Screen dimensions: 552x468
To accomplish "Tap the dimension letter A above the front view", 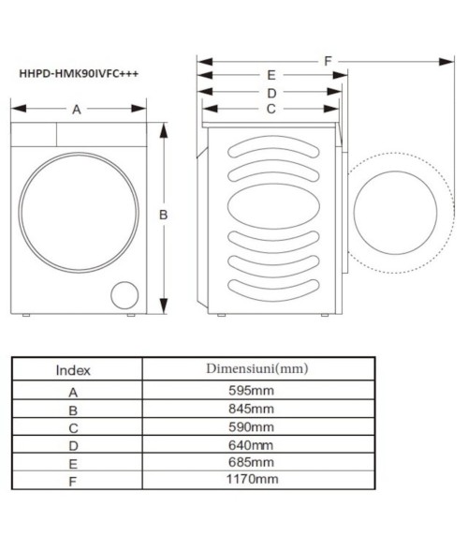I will pyautogui.click(x=77, y=110).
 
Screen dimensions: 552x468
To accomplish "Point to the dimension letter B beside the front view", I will pyautogui.click(x=163, y=215).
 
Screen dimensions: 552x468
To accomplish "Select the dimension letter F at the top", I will pyautogui.click(x=329, y=61).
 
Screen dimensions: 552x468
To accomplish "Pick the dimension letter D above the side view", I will pyautogui.click(x=271, y=93).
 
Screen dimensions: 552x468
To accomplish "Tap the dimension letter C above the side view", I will pyautogui.click(x=271, y=109).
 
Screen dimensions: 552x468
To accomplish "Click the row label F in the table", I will pyautogui.click(x=74, y=480).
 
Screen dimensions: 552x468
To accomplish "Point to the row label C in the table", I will pyautogui.click(x=74, y=427).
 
